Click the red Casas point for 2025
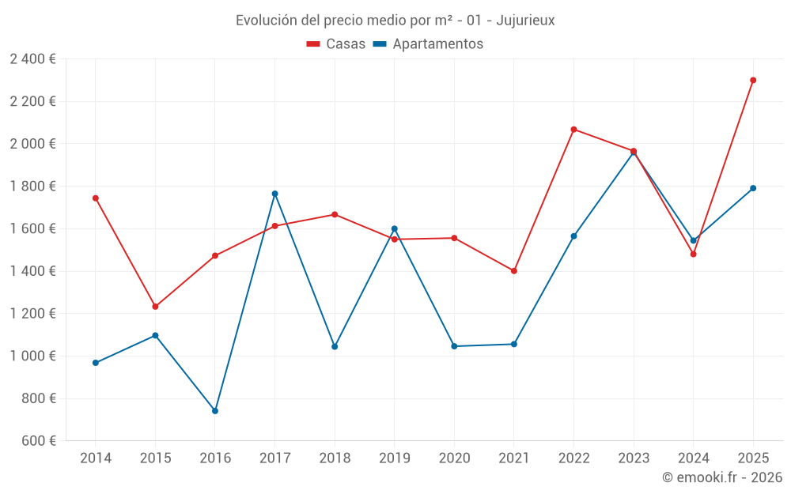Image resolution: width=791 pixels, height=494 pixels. (753, 80)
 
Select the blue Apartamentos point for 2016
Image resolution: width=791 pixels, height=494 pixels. (215, 411)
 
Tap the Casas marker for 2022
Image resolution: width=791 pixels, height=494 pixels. (573, 130)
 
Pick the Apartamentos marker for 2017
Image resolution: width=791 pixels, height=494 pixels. (274, 194)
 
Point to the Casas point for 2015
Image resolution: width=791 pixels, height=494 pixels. (155, 307)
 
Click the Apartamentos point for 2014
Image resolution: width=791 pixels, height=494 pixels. (96, 363)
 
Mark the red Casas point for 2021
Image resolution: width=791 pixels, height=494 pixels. (514, 271)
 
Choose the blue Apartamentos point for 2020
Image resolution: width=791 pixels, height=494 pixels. (454, 346)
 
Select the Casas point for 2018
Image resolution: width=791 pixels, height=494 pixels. (335, 214)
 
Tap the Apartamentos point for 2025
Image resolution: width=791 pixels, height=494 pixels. (753, 188)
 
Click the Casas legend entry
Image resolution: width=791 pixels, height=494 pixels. (336, 44)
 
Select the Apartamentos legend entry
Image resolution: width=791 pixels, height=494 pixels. (428, 44)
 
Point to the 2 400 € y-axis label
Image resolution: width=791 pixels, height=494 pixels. (32, 58)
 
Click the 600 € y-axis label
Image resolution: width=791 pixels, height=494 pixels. (37, 441)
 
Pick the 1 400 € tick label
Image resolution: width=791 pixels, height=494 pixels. (32, 271)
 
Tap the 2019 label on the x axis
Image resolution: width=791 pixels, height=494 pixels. (394, 458)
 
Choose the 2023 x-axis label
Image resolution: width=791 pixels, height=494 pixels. (634, 458)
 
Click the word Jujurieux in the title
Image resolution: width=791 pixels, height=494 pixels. (525, 21)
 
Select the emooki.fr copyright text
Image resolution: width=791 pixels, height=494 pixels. (722, 477)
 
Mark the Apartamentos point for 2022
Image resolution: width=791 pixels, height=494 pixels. (573, 236)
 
